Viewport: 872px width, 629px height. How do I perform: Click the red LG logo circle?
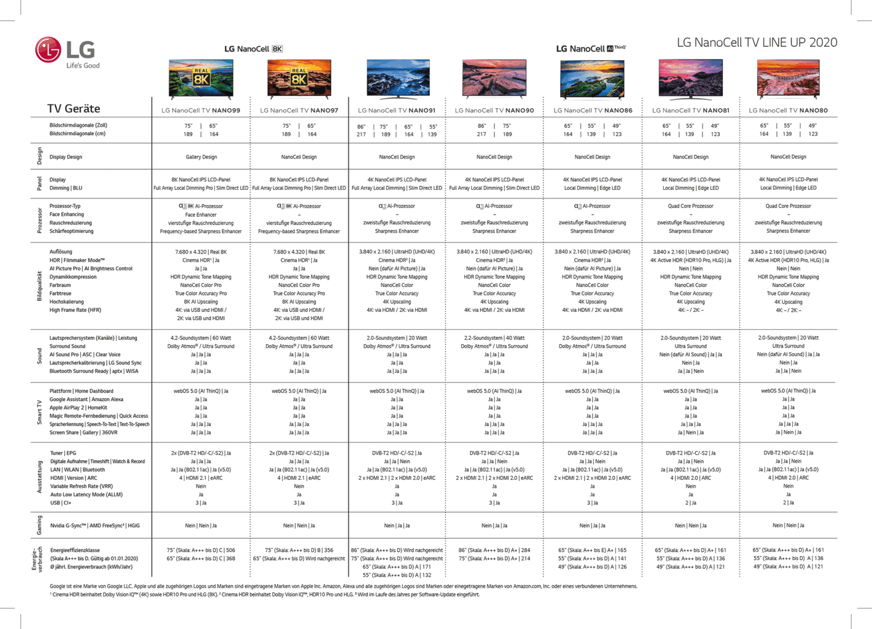click(48, 50)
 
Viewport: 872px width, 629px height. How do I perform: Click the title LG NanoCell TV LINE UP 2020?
click(757, 42)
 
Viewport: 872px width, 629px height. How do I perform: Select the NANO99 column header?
click(201, 111)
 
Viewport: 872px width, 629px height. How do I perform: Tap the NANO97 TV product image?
click(299, 79)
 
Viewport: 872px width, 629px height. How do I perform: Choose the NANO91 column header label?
click(397, 111)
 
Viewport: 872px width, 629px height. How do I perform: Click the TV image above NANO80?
click(788, 79)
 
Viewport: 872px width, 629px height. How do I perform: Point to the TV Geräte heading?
click(74, 109)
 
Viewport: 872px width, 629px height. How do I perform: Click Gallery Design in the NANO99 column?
click(201, 157)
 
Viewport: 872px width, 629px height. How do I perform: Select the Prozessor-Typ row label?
click(65, 206)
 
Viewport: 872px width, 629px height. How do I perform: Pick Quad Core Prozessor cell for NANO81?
click(690, 206)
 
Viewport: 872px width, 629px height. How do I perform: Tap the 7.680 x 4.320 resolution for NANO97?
click(299, 252)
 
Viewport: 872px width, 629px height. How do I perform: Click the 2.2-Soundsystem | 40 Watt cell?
click(494, 338)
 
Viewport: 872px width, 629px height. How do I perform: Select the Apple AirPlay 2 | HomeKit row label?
click(79, 408)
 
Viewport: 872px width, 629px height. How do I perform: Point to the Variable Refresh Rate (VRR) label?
click(82, 486)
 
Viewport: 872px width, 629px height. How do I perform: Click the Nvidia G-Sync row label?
click(95, 526)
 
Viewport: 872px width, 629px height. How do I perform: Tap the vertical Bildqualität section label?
click(40, 286)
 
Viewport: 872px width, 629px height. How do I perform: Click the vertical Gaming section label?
click(40, 525)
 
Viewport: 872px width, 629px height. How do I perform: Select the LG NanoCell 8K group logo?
click(253, 49)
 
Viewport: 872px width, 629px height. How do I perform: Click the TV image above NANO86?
click(592, 79)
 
